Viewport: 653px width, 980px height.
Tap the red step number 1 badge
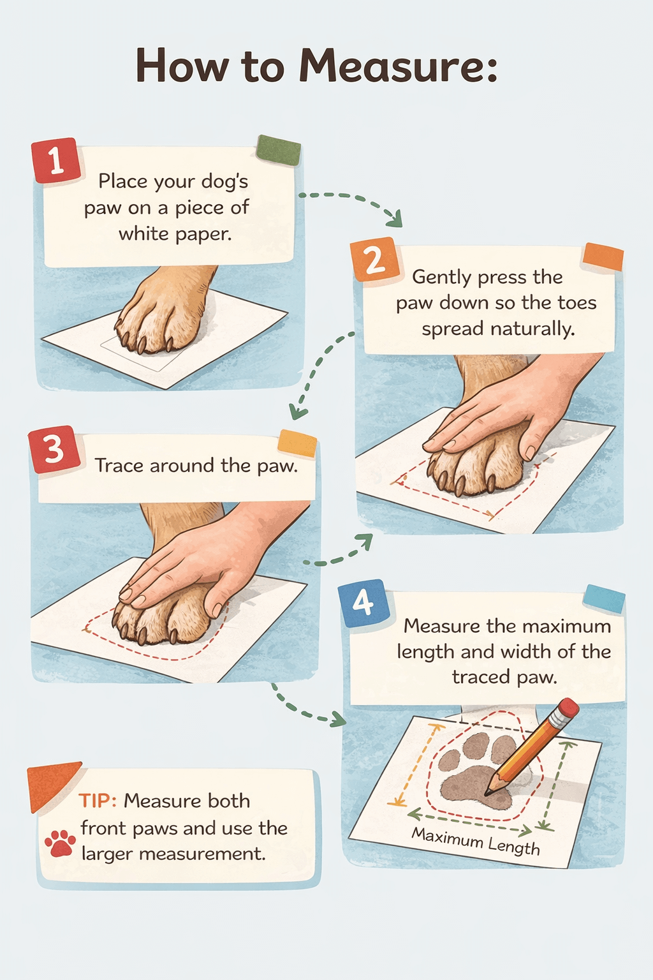coord(56,160)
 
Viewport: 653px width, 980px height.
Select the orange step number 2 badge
coord(374,259)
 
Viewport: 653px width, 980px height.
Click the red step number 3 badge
coord(54,449)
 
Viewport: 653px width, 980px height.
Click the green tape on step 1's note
coord(279,151)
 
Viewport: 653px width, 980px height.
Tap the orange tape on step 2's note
coord(603,256)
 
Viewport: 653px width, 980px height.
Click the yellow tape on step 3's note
coord(297,443)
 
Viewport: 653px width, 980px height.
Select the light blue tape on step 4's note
coord(604,598)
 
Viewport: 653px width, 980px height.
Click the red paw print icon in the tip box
coord(60,843)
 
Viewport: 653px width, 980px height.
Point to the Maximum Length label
coord(476,840)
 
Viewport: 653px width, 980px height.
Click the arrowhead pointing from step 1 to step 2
coord(396,220)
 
